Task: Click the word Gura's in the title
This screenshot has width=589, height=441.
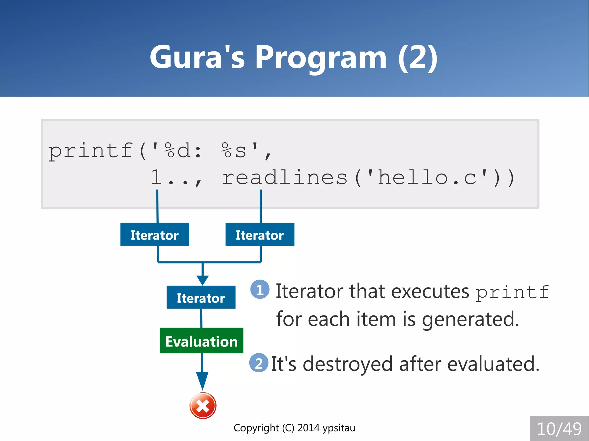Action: click(x=197, y=57)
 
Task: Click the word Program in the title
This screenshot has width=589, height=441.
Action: click(x=321, y=57)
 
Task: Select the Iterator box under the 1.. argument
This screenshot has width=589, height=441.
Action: click(x=155, y=234)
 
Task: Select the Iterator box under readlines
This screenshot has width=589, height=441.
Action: click(x=260, y=234)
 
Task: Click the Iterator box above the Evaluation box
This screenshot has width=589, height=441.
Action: click(x=201, y=297)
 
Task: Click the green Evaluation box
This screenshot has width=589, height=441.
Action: click(x=201, y=341)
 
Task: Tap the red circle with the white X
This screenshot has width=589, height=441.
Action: click(x=203, y=406)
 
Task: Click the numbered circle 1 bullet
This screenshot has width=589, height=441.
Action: click(x=260, y=289)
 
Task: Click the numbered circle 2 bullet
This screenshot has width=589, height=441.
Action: click(x=259, y=363)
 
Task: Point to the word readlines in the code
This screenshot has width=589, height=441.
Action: click(x=285, y=177)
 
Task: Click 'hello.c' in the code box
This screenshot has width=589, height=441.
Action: click(x=427, y=177)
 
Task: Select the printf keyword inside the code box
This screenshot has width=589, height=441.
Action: click(x=90, y=151)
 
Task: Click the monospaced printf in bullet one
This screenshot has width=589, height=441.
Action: click(x=512, y=292)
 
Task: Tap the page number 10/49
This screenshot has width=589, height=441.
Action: click(x=559, y=429)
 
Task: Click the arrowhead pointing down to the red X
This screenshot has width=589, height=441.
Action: click(x=202, y=380)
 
